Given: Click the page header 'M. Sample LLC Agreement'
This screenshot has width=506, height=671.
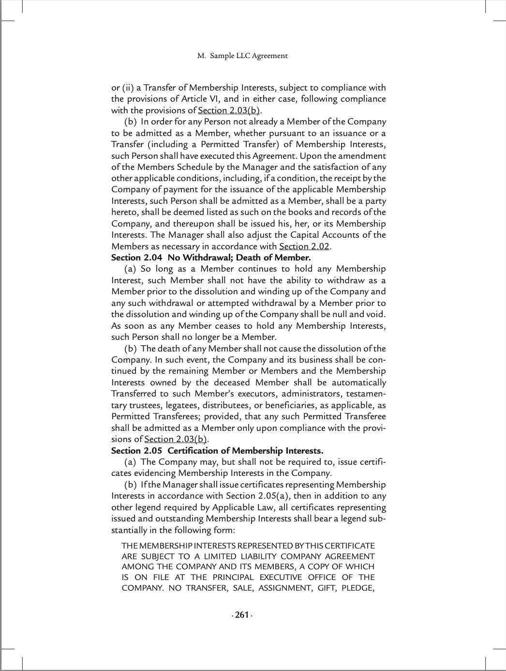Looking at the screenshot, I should (x=242, y=56).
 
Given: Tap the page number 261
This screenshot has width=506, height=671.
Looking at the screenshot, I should (x=241, y=615).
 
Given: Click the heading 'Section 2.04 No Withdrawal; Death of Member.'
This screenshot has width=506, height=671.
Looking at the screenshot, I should (x=211, y=258).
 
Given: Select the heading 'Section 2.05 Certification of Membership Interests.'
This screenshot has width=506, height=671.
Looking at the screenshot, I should (x=217, y=451).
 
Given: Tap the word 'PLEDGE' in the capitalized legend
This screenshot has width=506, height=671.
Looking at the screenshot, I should (x=357, y=588).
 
